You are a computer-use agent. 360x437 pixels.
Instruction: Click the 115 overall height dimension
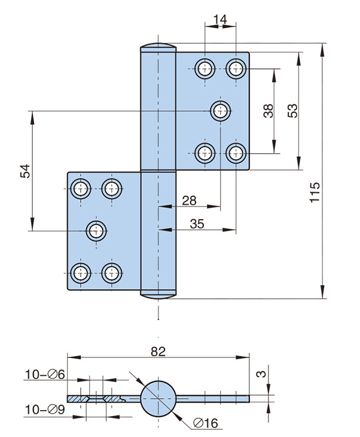coord(316,193)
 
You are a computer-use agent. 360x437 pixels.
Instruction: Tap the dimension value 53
coord(292,111)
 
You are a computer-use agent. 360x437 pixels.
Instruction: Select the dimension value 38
coord(269,111)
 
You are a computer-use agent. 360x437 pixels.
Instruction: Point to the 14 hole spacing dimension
coord(219,20)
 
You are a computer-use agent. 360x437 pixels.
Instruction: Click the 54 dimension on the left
coord(25,171)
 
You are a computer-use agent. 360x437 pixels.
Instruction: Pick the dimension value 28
coord(189,201)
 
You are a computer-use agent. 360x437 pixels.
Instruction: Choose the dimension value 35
coord(197,224)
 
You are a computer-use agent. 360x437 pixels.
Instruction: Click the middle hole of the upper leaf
coord(221,110)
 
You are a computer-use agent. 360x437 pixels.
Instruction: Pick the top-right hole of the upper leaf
coord(236,68)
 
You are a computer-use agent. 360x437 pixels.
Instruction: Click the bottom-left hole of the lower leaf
coord(80,274)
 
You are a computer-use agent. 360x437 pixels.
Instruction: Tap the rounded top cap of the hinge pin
coord(158,48)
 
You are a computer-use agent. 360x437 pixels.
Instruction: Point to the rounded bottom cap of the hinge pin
coord(158,293)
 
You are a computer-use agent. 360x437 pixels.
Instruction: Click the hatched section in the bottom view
coord(96,398)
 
